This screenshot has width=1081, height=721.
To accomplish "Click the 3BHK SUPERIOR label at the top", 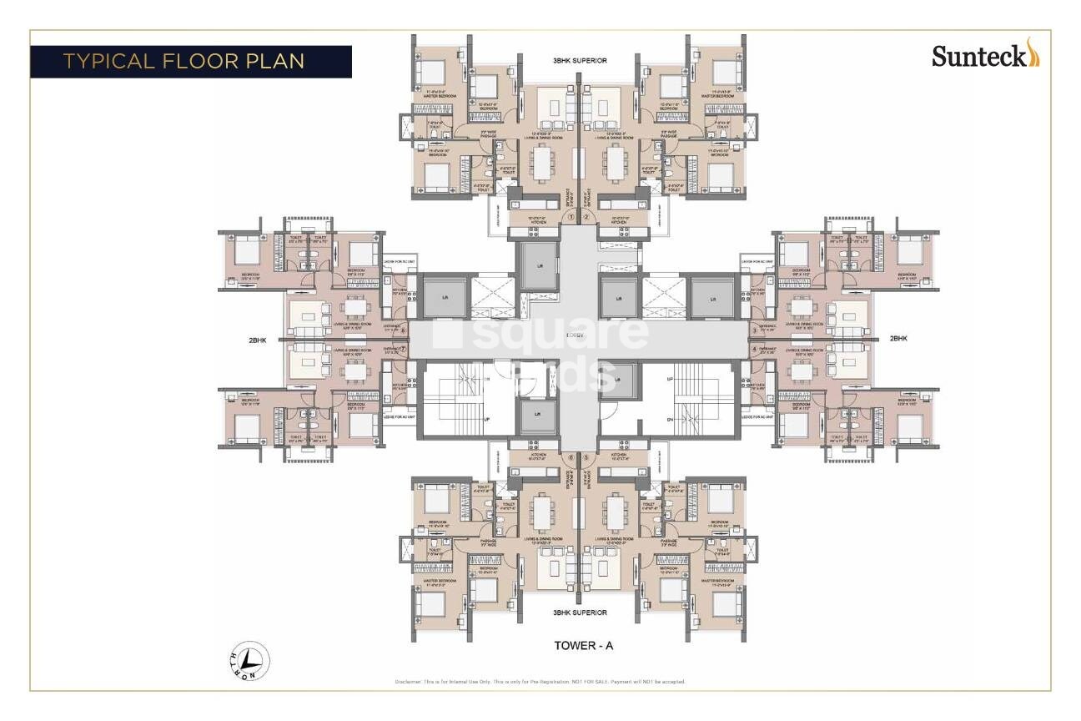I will [579, 61].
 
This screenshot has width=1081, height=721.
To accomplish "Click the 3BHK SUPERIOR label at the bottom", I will [579, 613].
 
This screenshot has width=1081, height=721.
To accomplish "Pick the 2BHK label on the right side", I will [897, 339].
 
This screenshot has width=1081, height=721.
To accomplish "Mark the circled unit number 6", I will [571, 456].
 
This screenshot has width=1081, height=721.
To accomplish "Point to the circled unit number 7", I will [404, 350].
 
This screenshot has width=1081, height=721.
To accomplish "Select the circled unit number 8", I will [404, 330].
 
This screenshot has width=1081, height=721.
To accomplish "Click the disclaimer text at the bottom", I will [540, 682].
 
